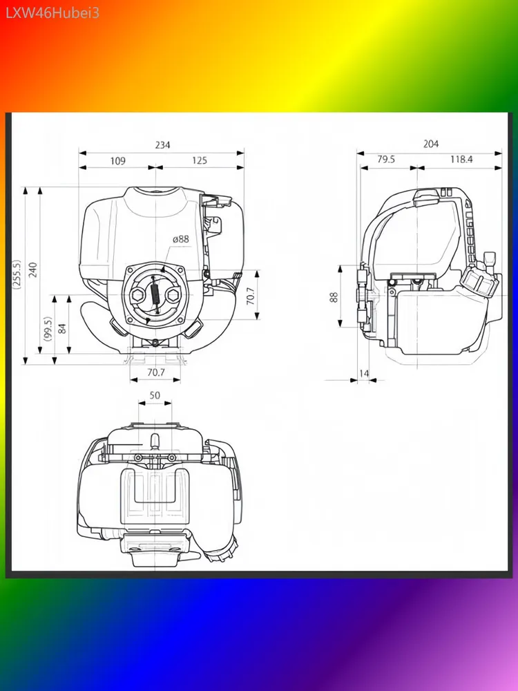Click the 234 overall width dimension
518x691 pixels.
pyautogui.click(x=162, y=144)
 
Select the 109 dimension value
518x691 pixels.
pyautogui.click(x=117, y=161)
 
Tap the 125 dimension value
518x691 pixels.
pyautogui.click(x=199, y=160)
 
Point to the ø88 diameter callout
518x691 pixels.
pyautogui.click(x=180, y=239)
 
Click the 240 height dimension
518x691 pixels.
pyautogui.click(x=33, y=269)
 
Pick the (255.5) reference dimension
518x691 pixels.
pyautogui.click(x=17, y=274)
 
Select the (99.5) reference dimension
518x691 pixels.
pyautogui.click(x=48, y=328)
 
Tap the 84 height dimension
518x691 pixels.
pyautogui.click(x=62, y=328)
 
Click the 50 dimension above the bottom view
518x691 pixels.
pyautogui.click(x=155, y=395)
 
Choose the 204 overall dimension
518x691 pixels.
pyautogui.click(x=431, y=144)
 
